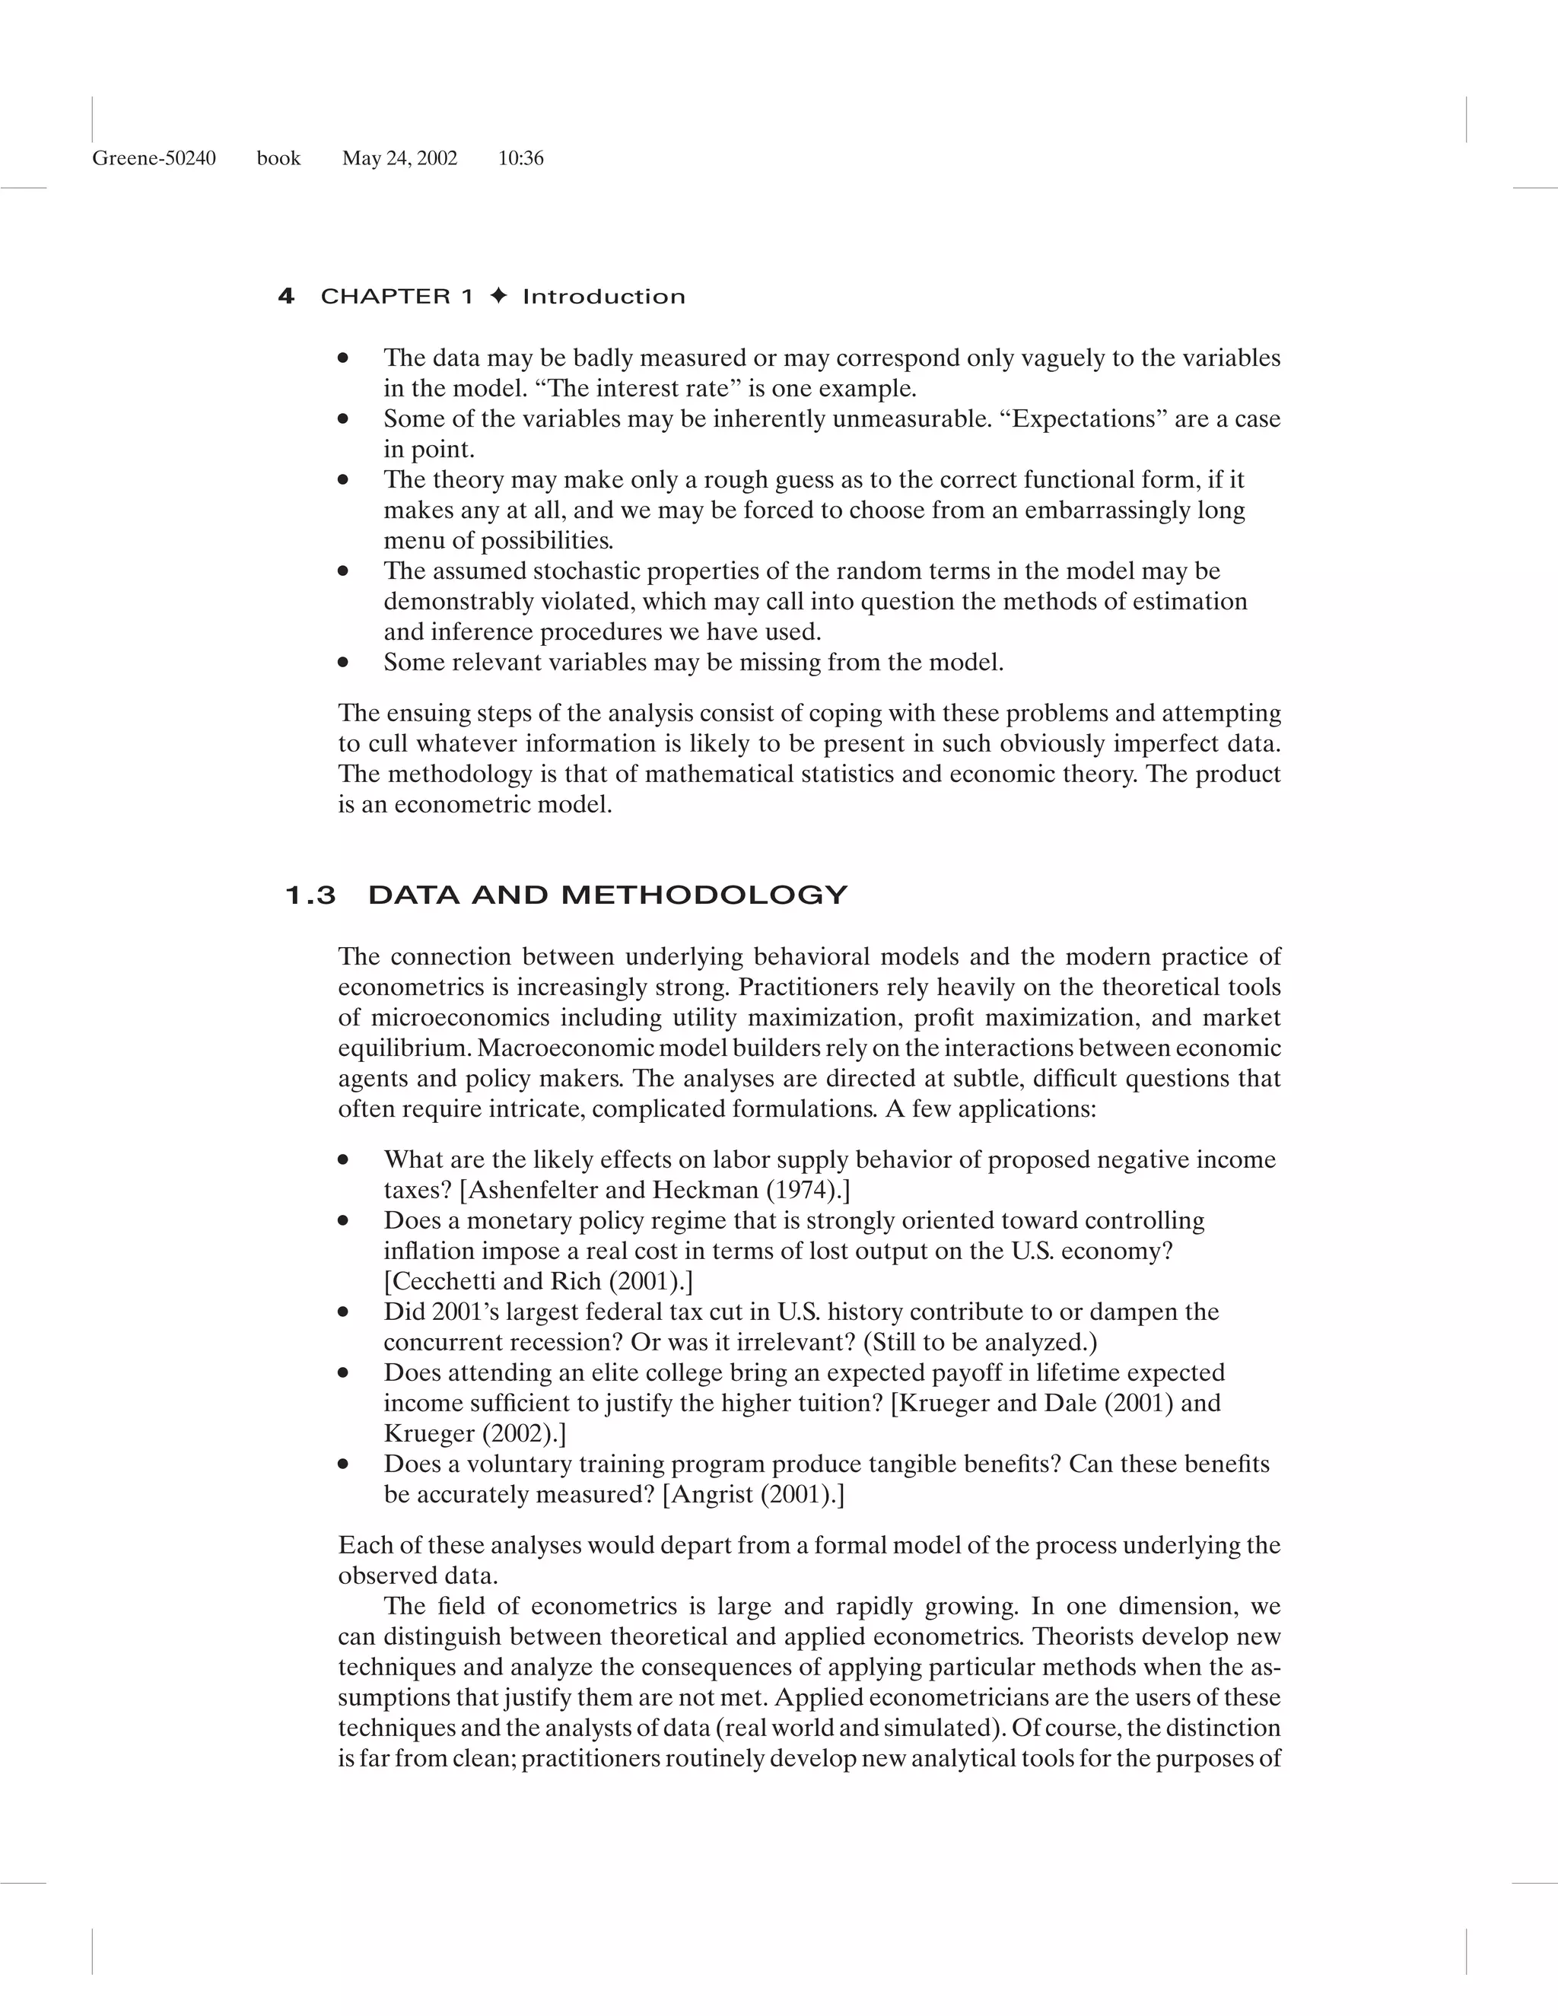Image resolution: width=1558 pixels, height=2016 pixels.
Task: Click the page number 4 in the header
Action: point(286,296)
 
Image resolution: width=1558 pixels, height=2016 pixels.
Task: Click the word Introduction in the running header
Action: point(603,296)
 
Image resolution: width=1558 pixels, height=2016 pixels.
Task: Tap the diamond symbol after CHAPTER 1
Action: point(498,296)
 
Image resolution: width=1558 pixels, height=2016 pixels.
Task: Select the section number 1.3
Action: point(311,895)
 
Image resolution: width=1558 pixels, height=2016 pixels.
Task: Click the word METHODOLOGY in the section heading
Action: point(704,895)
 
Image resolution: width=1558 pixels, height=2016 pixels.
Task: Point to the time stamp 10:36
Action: point(520,159)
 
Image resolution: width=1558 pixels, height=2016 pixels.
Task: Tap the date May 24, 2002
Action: point(399,159)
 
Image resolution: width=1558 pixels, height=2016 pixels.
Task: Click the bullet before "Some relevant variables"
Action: point(343,662)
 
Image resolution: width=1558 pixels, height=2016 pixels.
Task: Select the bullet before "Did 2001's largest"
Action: point(343,1312)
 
